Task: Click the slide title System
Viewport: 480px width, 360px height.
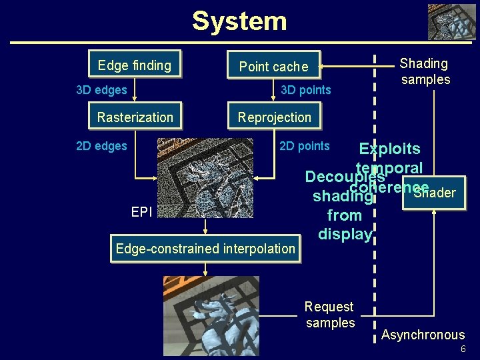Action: click(239, 21)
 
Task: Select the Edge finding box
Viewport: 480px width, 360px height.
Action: click(135, 65)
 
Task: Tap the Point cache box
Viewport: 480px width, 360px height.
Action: click(273, 65)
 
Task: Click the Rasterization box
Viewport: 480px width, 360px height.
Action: click(135, 117)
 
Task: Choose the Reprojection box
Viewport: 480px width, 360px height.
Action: click(274, 117)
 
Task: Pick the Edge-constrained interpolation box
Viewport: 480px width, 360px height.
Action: click(205, 249)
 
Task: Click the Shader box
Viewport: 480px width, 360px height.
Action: click(434, 192)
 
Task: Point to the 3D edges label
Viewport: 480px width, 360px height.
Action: click(101, 90)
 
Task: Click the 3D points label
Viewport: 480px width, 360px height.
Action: click(305, 90)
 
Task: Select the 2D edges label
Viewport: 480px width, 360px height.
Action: click(101, 146)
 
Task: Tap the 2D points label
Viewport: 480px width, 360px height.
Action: click(304, 146)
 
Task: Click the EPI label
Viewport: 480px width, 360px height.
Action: click(141, 212)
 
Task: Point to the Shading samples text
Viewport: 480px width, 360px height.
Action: click(425, 71)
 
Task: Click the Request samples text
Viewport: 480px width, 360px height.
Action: click(329, 315)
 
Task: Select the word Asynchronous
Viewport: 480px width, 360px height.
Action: click(423, 335)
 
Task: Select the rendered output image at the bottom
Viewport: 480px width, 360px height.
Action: click(211, 316)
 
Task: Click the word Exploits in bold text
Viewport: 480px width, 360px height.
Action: click(389, 149)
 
